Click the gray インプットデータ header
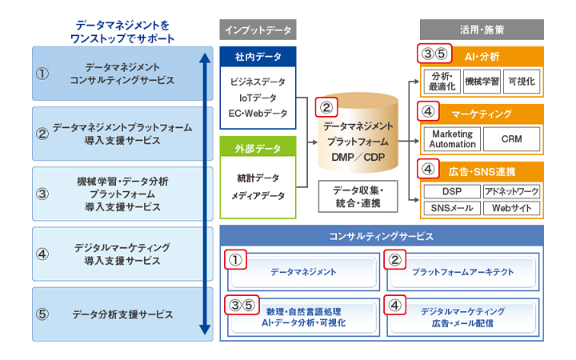point(258,30)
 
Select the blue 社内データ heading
point(258,58)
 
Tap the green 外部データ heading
point(258,148)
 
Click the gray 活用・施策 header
point(482,30)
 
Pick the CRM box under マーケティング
point(512,138)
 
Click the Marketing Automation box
point(452,138)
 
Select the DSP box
point(451,192)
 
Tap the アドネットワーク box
point(512,192)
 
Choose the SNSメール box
point(451,208)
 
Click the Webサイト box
point(512,208)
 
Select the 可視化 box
point(525,81)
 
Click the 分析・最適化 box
point(442,81)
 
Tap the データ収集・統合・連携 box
point(358,196)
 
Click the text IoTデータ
point(258,97)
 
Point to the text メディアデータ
point(258,195)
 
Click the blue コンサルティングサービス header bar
point(382,236)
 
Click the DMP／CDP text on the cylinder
point(358,157)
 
